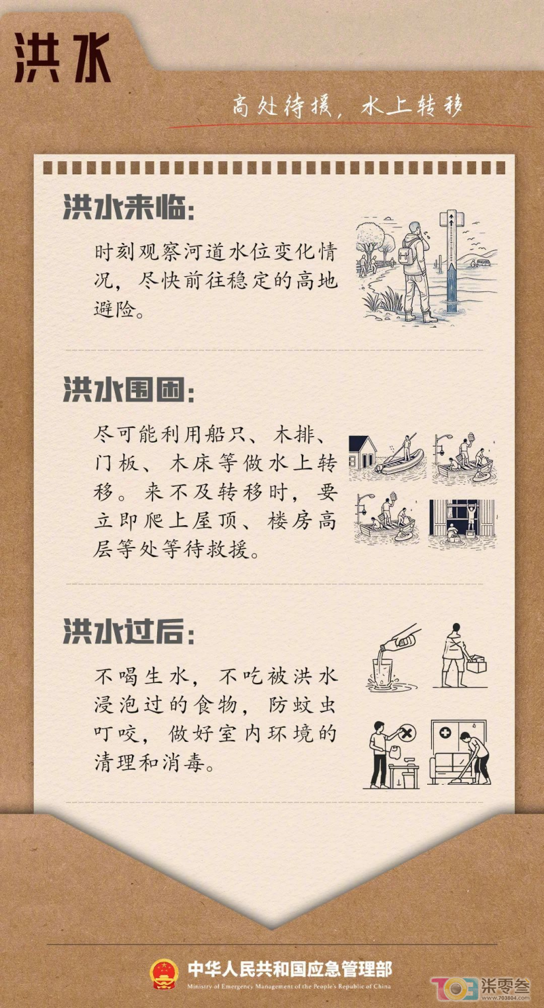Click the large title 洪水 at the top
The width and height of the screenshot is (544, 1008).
point(63,57)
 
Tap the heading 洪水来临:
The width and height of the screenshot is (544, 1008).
point(129,207)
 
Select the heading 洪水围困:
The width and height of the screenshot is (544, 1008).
point(129,389)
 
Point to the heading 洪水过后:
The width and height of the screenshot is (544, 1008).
point(129,631)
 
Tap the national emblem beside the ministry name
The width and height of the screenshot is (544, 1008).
point(164,974)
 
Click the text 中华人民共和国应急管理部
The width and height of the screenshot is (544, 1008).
point(290,968)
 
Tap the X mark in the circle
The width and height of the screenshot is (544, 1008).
point(407,733)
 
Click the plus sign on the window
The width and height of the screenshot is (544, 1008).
point(445,733)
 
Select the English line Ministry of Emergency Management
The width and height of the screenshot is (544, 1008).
point(289,986)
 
